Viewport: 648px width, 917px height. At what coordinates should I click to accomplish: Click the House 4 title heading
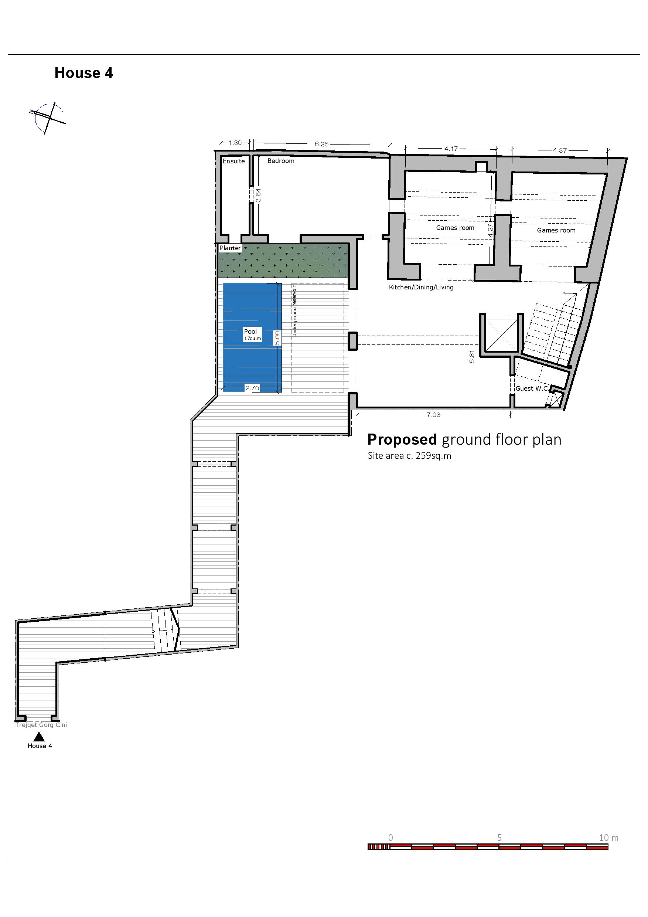84,73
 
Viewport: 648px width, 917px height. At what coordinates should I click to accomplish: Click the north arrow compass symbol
48,118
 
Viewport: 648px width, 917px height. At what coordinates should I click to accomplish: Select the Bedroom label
281,160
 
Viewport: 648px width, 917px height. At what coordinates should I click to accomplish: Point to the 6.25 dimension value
321,144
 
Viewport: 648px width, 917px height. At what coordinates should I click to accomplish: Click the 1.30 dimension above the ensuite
235,143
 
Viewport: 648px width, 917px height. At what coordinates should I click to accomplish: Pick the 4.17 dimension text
451,149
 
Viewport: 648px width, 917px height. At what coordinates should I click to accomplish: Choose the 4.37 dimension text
560,150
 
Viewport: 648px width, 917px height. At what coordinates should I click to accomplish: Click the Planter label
231,248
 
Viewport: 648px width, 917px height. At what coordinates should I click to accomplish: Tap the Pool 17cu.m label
252,334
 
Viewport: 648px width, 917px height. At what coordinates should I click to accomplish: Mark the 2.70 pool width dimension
252,388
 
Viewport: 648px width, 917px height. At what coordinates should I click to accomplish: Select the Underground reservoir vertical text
295,310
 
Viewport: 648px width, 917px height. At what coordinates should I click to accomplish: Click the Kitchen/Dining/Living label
421,287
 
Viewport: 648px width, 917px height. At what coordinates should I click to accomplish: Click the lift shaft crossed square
501,335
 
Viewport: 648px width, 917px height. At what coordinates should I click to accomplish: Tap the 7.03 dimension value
433,415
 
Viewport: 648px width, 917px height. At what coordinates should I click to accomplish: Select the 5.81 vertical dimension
471,356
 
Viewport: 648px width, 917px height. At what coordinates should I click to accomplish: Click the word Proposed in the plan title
402,439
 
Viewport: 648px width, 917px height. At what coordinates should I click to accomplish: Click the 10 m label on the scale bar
608,838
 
